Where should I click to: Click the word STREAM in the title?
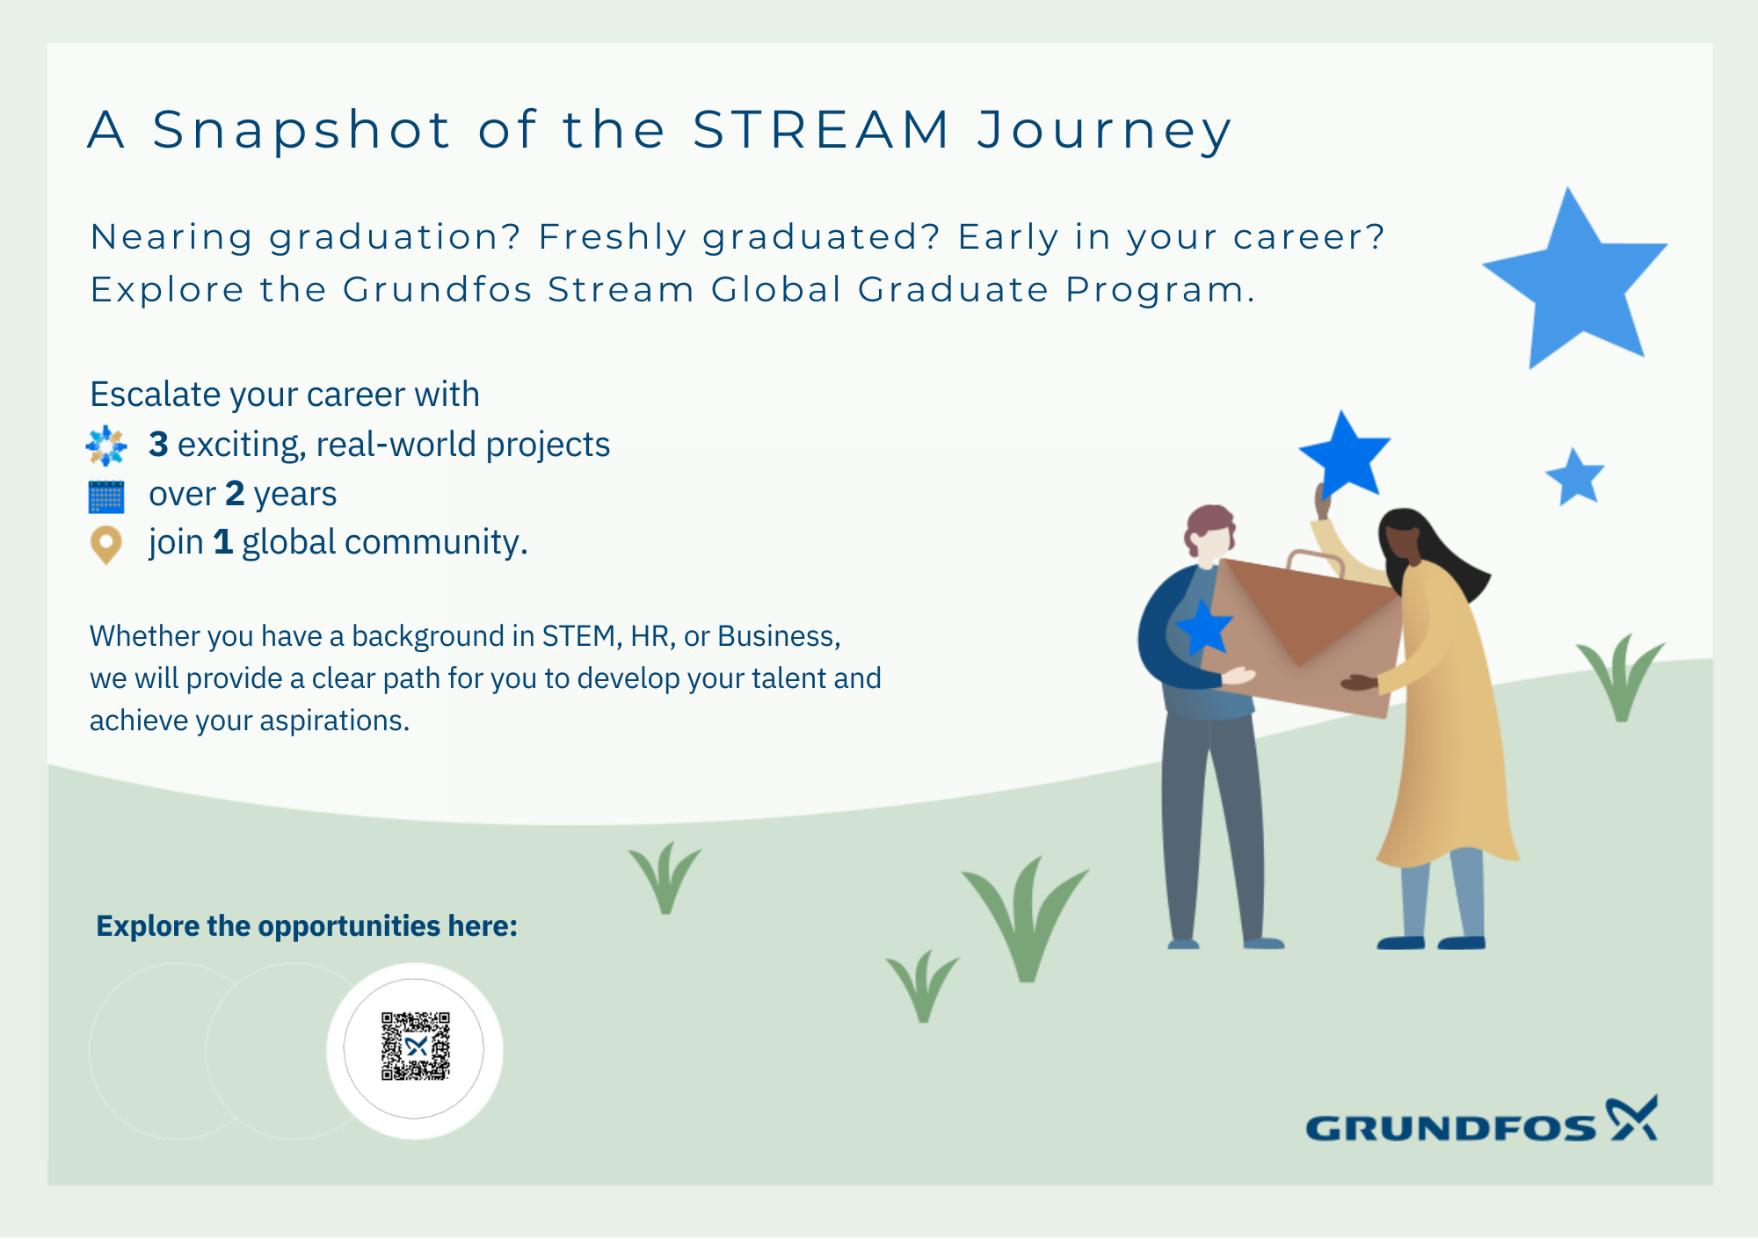coord(821,130)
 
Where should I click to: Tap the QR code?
coord(415,1046)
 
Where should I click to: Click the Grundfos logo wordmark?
coord(1450,1127)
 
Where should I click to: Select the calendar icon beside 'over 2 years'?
coord(106,496)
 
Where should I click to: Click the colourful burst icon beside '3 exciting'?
coord(106,446)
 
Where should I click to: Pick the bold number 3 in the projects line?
coord(158,445)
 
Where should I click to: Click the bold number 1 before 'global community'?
coord(223,542)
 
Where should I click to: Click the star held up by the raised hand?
coord(1343,454)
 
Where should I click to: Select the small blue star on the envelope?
coord(1203,627)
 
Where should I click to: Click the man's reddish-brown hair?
coord(1210,525)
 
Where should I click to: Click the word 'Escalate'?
coord(155,395)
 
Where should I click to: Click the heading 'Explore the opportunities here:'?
coord(307,926)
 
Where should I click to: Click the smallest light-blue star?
coord(1575,477)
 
